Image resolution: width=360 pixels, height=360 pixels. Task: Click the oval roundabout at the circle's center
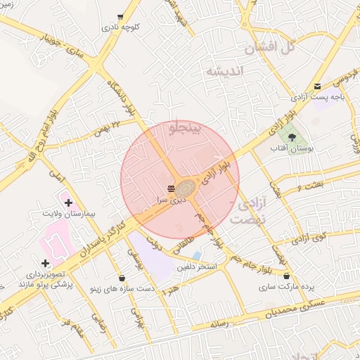tap(186, 189)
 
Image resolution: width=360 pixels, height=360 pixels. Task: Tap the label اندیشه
tap(224, 71)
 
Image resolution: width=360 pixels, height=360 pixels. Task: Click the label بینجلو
tap(186, 128)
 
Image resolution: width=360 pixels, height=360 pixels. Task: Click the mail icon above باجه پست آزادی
tap(318, 86)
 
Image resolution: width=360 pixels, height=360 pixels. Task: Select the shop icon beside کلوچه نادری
tap(120, 16)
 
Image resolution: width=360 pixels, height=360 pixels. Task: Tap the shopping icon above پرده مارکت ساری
tap(286, 275)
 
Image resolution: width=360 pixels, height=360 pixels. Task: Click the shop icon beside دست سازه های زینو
tap(123, 278)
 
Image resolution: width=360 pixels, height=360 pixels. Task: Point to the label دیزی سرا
tap(172, 200)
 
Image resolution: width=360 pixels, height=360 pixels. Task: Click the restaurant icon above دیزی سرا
tap(172, 188)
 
